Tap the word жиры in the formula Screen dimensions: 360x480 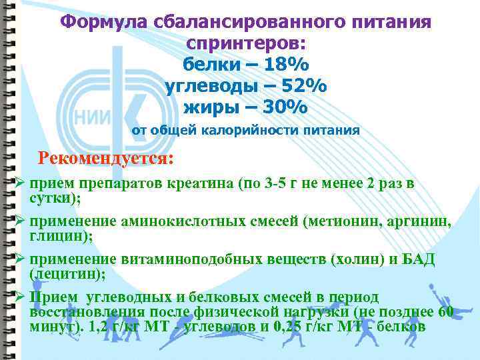[x=209, y=107]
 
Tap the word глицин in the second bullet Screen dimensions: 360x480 [x=53, y=235]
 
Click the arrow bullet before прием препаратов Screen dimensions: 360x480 [x=20, y=183]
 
